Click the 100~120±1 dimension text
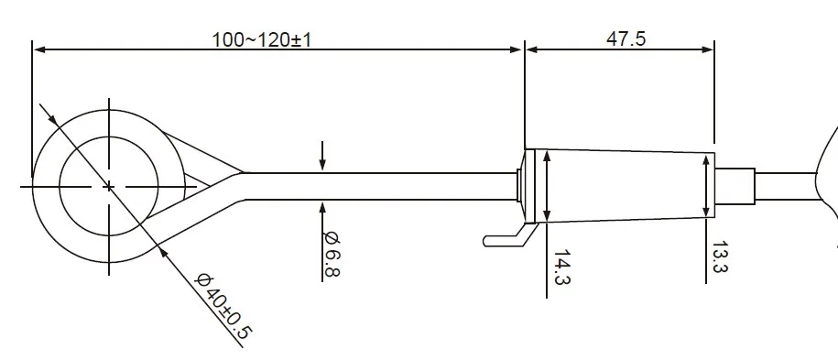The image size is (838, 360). coord(261,39)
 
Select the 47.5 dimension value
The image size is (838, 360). coord(626,38)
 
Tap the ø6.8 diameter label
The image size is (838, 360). coord(332,254)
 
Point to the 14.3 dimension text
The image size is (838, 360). coord(561,267)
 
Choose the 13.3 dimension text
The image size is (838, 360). coord(719,256)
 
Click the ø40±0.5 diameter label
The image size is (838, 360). coord(223,306)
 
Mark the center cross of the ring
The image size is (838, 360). coord(109,187)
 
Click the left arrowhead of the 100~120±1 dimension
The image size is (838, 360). coord(38,49)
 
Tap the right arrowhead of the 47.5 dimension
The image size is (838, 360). coord(708,49)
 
